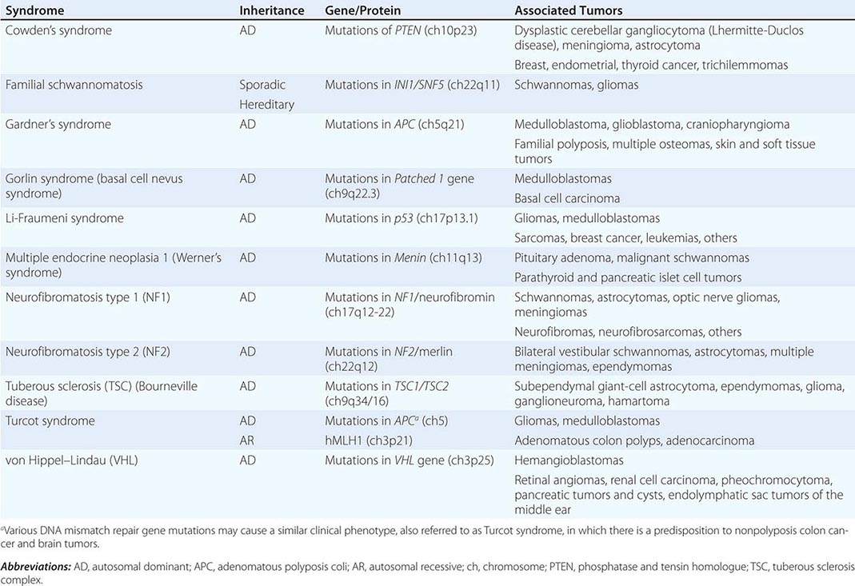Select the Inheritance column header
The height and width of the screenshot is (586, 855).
[x=272, y=11]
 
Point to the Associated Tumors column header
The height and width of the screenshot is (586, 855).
[x=569, y=11]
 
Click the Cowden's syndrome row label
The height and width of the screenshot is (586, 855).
[x=58, y=30]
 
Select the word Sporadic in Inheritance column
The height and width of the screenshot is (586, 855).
[x=262, y=84]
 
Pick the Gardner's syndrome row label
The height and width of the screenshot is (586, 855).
[x=58, y=125]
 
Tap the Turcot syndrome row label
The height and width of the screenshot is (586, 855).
[x=50, y=421]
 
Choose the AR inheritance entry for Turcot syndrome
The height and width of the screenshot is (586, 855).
[x=247, y=440]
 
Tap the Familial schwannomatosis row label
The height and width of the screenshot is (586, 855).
[x=78, y=84]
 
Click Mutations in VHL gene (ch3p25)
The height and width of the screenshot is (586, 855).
[x=398, y=460]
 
